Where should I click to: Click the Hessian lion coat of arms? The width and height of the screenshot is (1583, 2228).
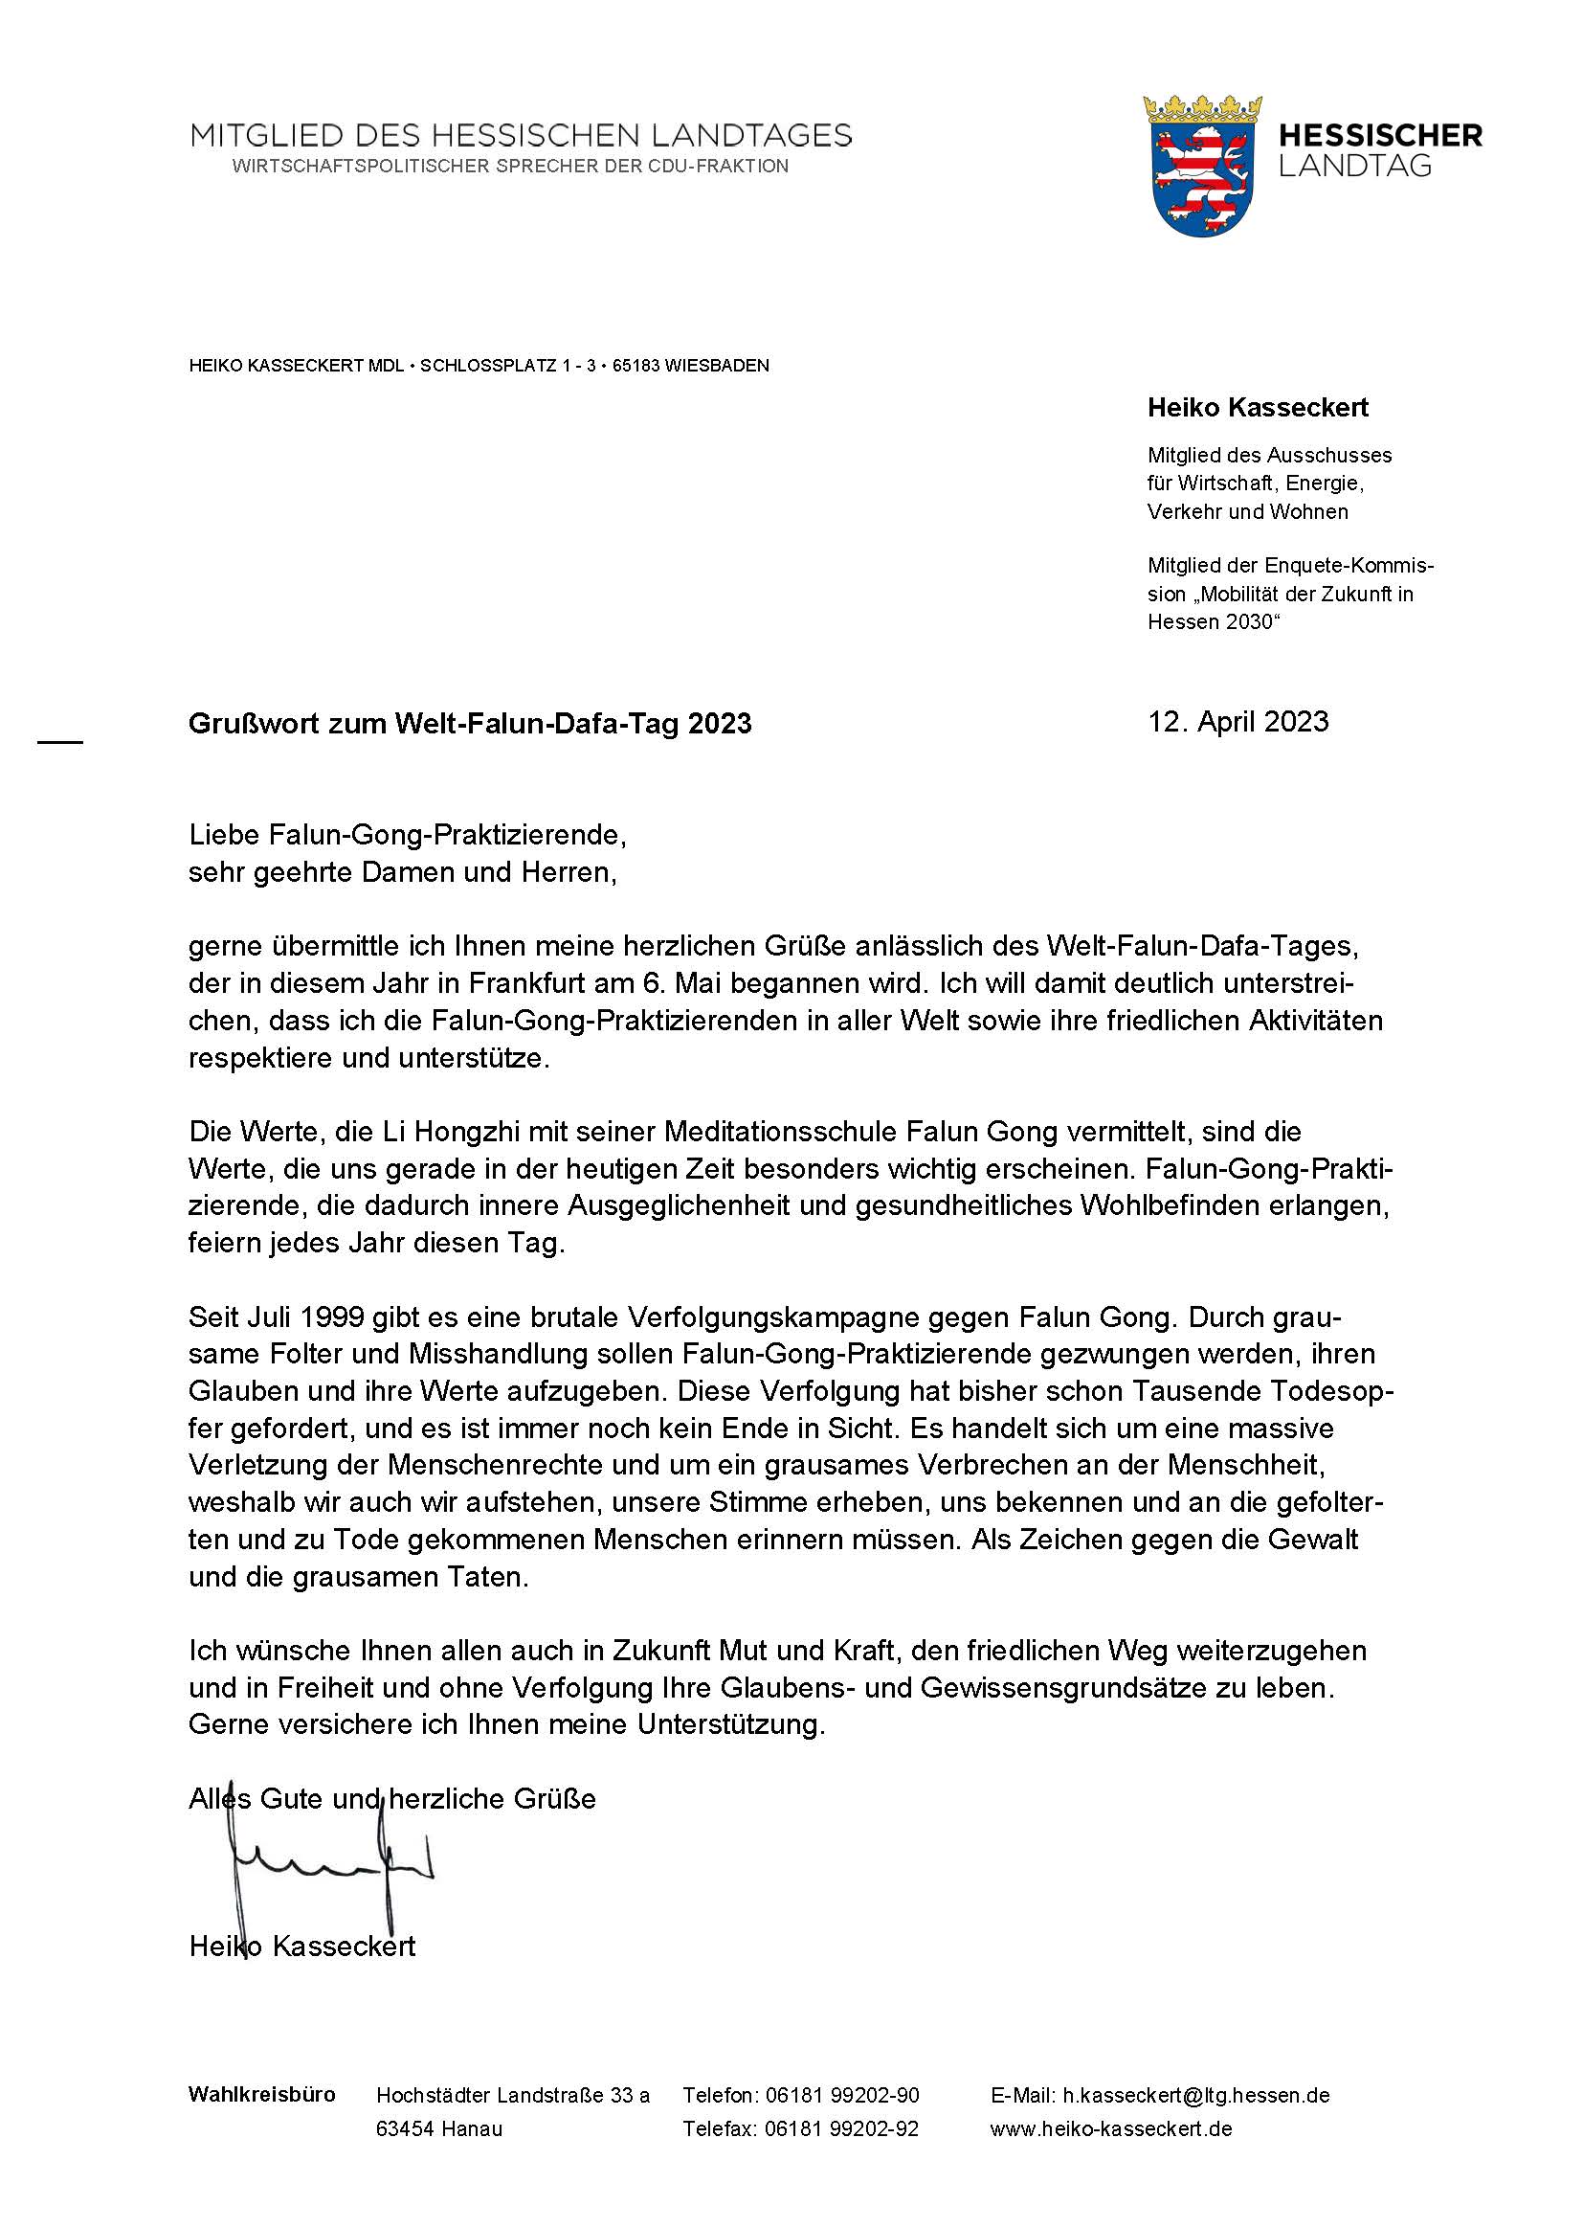coord(1203,167)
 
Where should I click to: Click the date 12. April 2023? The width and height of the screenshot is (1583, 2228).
coord(1237,722)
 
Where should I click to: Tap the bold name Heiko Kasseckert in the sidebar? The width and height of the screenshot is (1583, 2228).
coord(1258,408)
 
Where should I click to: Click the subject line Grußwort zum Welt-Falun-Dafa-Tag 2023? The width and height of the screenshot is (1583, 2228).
coord(470,724)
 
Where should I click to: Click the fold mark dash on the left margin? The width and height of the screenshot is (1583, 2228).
coord(60,743)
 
